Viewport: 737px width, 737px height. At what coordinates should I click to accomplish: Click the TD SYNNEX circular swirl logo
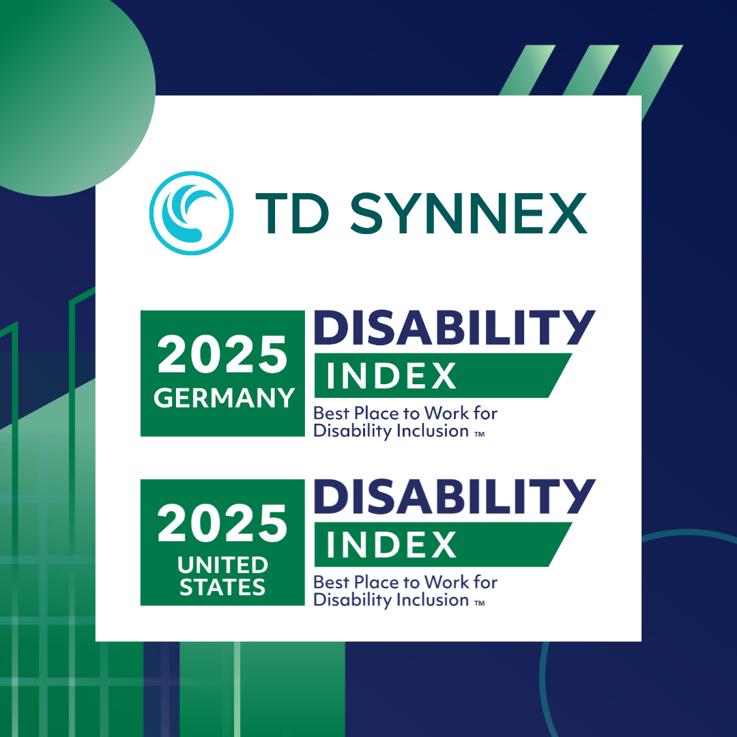pyautogui.click(x=191, y=213)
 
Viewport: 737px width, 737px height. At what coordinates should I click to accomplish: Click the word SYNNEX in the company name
pyautogui.click(x=469, y=213)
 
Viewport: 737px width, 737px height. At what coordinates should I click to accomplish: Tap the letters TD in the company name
pyautogui.click(x=292, y=213)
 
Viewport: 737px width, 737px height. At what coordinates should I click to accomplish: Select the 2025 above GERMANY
pyautogui.click(x=222, y=354)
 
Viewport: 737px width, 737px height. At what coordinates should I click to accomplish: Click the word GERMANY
pyautogui.click(x=225, y=398)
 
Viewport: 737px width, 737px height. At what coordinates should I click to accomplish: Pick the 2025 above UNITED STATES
pyautogui.click(x=222, y=523)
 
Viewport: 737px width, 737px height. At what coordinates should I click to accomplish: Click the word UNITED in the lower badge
pyautogui.click(x=222, y=565)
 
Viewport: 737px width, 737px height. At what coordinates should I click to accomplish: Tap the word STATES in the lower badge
pyautogui.click(x=222, y=587)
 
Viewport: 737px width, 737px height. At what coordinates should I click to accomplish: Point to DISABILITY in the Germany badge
pyautogui.click(x=454, y=327)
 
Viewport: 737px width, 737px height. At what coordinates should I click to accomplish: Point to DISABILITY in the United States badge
pyautogui.click(x=454, y=496)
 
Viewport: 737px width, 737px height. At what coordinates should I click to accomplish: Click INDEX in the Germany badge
pyautogui.click(x=391, y=375)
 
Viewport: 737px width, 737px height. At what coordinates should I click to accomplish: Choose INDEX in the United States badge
pyautogui.click(x=391, y=545)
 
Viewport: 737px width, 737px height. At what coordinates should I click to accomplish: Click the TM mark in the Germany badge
pyautogui.click(x=480, y=434)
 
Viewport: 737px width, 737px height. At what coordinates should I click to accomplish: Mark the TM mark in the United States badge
pyautogui.click(x=480, y=603)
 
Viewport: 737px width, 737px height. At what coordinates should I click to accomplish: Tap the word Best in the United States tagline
pyautogui.click(x=332, y=582)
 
